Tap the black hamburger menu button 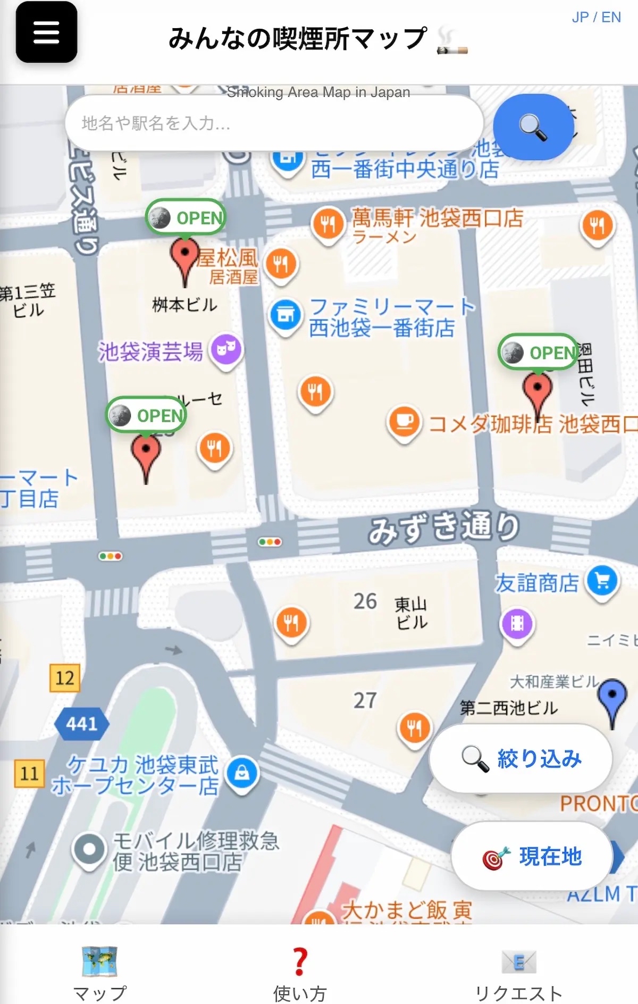pyautogui.click(x=46, y=32)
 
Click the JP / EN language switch pyautogui.click(x=596, y=18)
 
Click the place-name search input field pyautogui.click(x=274, y=123)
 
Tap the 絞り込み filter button pyautogui.click(x=521, y=758)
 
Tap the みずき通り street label pyautogui.click(x=444, y=527)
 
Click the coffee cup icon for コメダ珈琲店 pyautogui.click(x=405, y=422)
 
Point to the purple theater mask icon pyautogui.click(x=226, y=350)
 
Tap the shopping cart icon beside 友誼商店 pyautogui.click(x=602, y=581)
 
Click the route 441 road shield pyautogui.click(x=82, y=723)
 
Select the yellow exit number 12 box pyautogui.click(x=65, y=678)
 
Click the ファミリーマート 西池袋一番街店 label pyautogui.click(x=391, y=317)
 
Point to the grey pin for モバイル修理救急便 pyautogui.click(x=89, y=849)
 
